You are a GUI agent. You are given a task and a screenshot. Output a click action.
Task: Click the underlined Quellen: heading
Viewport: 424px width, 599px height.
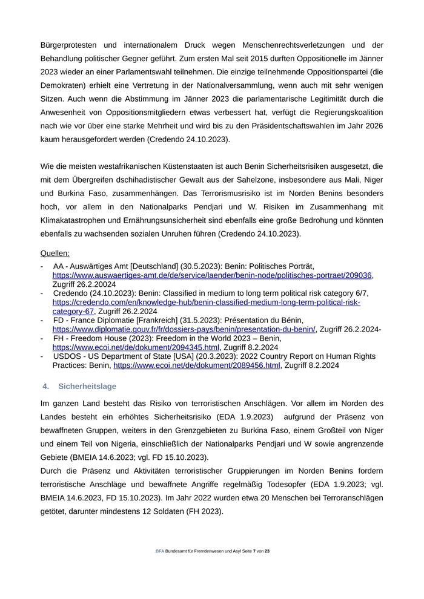pyautogui.click(x=55, y=253)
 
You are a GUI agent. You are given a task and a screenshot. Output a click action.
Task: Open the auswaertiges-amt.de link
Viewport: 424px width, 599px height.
pyautogui.click(x=212, y=275)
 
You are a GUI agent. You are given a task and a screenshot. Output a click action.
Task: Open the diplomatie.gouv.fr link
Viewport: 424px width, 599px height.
pyautogui.click(x=184, y=329)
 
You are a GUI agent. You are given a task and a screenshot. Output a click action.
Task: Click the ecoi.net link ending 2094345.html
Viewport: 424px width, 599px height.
pyautogui.click(x=136, y=347)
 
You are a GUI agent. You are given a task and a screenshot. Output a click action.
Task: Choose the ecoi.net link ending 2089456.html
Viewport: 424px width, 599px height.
pyautogui.click(x=197, y=365)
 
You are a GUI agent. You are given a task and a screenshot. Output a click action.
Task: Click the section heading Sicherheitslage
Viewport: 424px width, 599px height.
pyautogui.click(x=87, y=386)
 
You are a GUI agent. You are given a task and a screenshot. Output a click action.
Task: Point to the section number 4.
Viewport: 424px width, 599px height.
pyautogui.click(x=46, y=386)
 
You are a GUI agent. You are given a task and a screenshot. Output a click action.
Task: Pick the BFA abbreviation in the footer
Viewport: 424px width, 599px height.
pyautogui.click(x=159, y=551)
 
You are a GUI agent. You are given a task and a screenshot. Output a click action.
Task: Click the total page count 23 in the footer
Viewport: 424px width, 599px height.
pyautogui.click(x=267, y=551)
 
